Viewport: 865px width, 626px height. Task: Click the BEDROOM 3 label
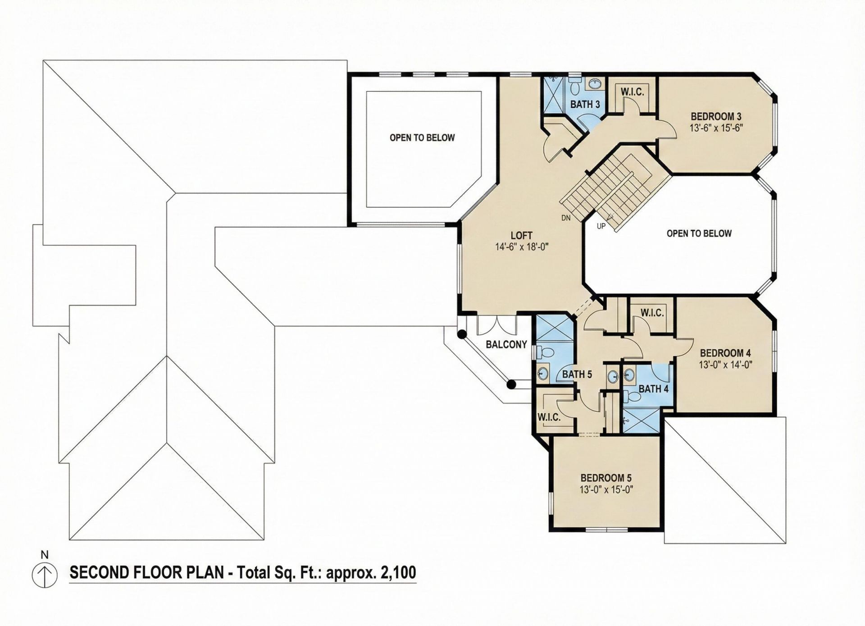click(716, 117)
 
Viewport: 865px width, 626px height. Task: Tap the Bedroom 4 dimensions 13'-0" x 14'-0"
click(725, 365)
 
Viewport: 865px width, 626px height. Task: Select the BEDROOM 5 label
click(606, 478)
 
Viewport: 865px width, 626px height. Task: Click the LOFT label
click(521, 235)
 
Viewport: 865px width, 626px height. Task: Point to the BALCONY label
click(506, 345)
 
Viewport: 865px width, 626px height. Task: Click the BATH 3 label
click(585, 105)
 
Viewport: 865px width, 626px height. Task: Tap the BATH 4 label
click(653, 388)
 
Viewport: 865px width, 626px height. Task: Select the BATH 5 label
click(577, 375)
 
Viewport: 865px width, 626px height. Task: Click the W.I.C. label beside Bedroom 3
click(632, 92)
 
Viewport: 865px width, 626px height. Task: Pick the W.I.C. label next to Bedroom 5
click(549, 417)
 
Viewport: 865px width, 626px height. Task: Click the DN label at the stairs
click(566, 218)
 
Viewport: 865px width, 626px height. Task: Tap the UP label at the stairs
click(601, 226)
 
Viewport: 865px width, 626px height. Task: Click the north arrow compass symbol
click(45, 576)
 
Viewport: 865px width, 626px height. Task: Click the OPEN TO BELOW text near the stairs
click(699, 233)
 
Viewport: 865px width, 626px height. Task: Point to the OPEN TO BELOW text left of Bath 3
click(422, 138)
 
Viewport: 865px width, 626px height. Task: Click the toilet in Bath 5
click(546, 352)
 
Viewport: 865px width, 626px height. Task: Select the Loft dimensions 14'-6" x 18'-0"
click(521, 247)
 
